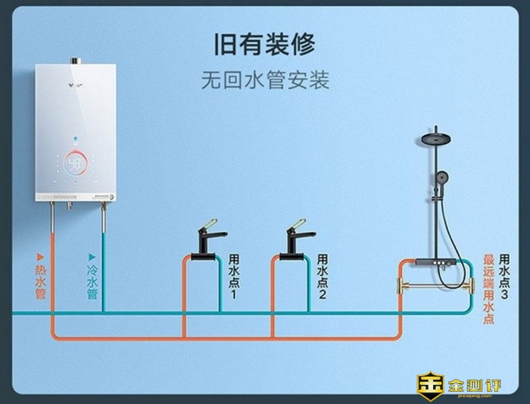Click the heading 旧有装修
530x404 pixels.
click(x=265, y=44)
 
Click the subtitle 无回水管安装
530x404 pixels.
click(x=265, y=80)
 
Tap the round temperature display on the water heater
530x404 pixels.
click(x=76, y=164)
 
